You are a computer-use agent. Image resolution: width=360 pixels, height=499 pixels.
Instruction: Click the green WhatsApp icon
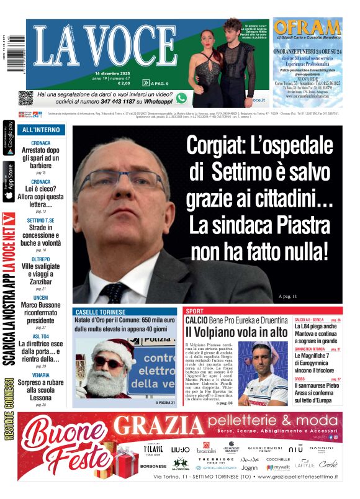click(x=181, y=97)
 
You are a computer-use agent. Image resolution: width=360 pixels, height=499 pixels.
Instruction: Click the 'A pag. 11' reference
click(x=288, y=295)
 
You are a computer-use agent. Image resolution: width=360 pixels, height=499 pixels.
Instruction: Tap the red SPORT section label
click(x=195, y=310)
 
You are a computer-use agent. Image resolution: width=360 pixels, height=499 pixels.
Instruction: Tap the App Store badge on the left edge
click(x=9, y=182)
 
